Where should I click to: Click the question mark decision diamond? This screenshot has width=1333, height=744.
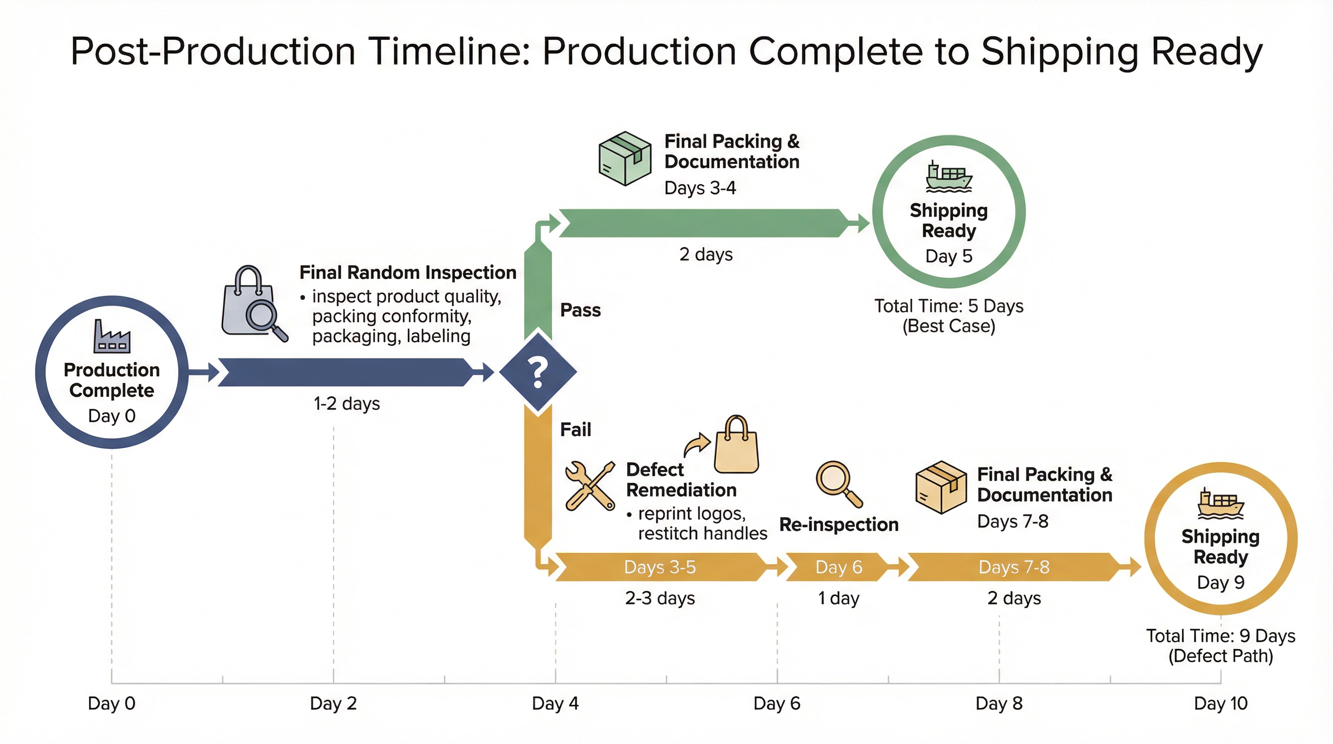click(x=538, y=372)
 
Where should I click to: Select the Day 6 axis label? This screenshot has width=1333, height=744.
click(x=777, y=703)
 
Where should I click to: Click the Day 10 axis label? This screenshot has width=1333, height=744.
click(x=1221, y=703)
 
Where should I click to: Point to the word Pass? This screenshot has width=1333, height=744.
click(x=580, y=310)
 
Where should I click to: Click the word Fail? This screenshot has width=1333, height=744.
click(x=575, y=430)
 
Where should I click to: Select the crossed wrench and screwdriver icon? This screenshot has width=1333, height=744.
click(x=590, y=486)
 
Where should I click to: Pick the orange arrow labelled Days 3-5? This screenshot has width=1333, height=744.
click(x=660, y=567)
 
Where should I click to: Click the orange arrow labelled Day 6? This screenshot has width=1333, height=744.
click(x=838, y=567)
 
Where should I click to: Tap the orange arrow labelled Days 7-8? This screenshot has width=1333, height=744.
click(x=1014, y=567)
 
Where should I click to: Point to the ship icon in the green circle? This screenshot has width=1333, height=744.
click(x=948, y=176)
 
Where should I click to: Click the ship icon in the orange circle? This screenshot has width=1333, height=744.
click(x=1220, y=503)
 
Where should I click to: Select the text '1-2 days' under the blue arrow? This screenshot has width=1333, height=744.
click(x=347, y=403)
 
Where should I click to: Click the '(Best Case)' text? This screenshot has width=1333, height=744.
click(x=948, y=326)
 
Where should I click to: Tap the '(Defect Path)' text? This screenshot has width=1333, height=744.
click(x=1220, y=655)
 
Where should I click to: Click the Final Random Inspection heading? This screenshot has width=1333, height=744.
click(x=408, y=272)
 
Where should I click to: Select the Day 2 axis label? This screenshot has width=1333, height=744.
click(x=333, y=703)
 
